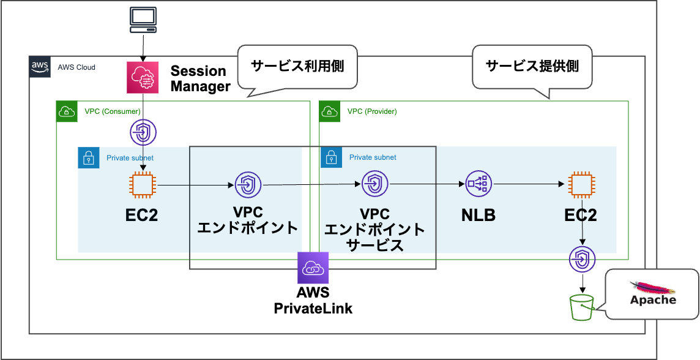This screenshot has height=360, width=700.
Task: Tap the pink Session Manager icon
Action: click(143, 77)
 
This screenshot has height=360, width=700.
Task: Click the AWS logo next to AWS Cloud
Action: click(39, 67)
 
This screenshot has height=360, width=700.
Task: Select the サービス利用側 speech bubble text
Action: click(297, 66)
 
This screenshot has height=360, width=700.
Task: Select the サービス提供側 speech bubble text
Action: click(532, 66)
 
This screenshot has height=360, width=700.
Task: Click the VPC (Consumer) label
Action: click(113, 111)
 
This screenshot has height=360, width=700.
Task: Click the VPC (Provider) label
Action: click(372, 111)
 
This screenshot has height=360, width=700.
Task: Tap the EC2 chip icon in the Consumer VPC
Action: click(143, 184)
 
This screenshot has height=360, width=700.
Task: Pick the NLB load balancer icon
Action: click(478, 184)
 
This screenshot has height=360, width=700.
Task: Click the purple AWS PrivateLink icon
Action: click(313, 268)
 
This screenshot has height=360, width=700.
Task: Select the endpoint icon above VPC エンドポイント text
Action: click(248, 184)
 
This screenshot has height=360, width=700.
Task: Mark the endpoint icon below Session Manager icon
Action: click(144, 132)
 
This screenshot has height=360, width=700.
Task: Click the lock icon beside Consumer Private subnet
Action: click(88, 158)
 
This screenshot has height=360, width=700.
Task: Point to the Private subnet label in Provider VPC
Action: click(373, 157)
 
